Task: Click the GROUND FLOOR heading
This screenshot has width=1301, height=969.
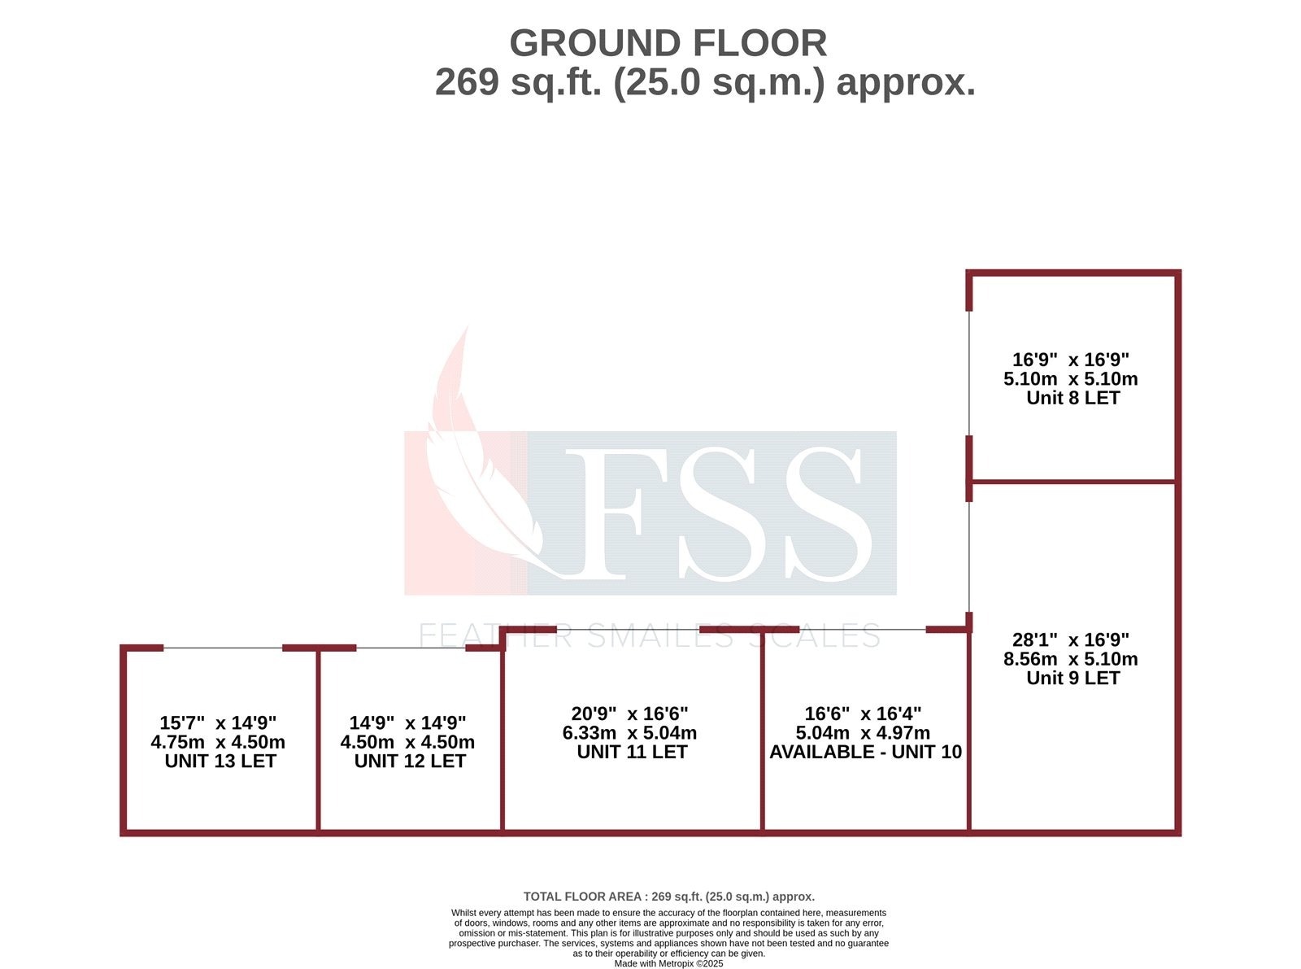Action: point(668,43)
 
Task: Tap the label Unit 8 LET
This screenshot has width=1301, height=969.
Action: point(1073,398)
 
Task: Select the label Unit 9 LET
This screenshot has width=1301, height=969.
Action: point(1073,678)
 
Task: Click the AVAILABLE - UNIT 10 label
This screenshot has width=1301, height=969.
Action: point(865,752)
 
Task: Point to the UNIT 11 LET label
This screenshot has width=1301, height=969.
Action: point(632,752)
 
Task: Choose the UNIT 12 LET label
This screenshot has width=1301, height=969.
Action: point(410,761)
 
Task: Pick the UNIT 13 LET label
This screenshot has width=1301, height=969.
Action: point(220,761)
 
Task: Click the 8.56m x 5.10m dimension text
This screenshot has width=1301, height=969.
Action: point(1070,659)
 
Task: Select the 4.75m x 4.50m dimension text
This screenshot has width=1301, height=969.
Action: point(218,742)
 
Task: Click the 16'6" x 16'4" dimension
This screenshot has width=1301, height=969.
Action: point(863,714)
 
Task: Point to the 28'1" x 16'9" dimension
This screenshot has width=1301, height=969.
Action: point(1070,640)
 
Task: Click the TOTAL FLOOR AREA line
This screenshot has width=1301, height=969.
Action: point(668,897)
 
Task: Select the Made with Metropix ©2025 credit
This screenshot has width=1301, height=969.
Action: point(668,963)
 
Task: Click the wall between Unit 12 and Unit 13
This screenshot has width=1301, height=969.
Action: point(318,740)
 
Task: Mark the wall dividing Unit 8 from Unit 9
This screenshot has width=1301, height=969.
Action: point(1073,482)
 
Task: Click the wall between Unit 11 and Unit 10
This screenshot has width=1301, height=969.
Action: point(763,732)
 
